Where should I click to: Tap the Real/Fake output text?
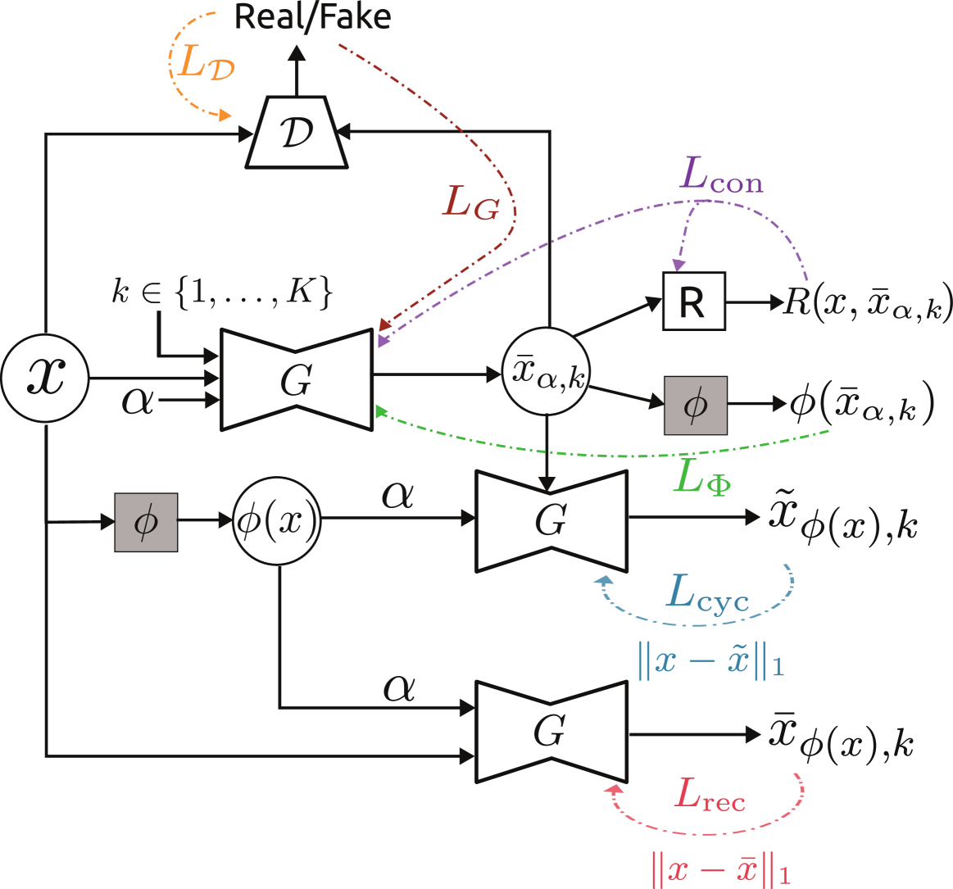[x=312, y=16]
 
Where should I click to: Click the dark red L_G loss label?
[x=470, y=202]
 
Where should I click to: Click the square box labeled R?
[x=693, y=303]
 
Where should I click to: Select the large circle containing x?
[x=44, y=379]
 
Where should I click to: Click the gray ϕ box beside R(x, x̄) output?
[x=695, y=405]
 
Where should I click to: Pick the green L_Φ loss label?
[x=701, y=477]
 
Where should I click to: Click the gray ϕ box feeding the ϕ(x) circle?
[x=146, y=522]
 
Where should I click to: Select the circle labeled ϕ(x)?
[x=277, y=521]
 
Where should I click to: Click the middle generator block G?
[x=551, y=520]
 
